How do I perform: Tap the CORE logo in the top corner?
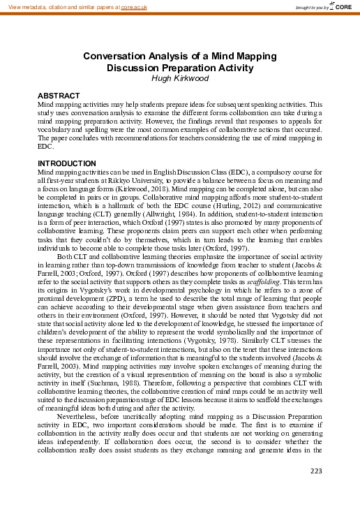[x=343, y=7]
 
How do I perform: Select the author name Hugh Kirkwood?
[x=180, y=79]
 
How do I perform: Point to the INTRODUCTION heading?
[x=68, y=163]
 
